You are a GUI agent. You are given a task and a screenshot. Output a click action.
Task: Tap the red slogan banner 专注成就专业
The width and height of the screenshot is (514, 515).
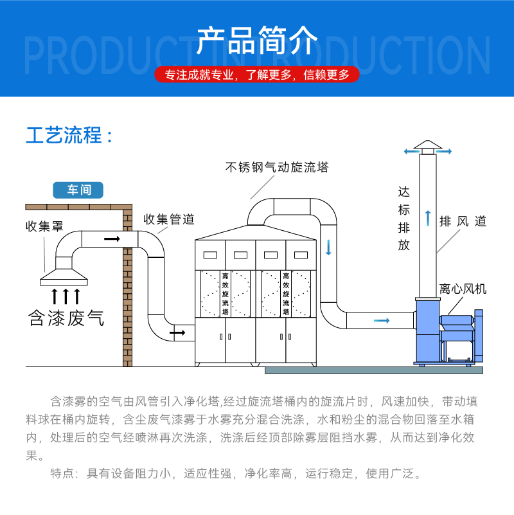point(257,75)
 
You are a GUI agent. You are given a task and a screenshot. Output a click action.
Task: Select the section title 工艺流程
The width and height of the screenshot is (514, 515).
point(69,136)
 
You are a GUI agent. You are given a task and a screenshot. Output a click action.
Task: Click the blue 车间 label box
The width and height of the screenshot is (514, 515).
point(78,190)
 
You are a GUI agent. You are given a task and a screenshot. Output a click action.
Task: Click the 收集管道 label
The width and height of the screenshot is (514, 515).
point(168,219)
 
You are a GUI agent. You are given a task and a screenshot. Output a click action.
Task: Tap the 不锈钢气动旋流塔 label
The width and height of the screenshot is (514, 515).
point(277,167)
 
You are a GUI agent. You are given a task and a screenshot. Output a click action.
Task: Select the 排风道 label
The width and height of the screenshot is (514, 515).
point(463,221)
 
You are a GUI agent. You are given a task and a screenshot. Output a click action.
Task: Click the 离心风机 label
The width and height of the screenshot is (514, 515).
point(463,289)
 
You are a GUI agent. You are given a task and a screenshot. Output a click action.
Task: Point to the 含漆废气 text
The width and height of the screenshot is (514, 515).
point(66,318)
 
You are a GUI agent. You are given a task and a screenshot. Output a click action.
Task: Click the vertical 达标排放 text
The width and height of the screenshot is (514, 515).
point(403,219)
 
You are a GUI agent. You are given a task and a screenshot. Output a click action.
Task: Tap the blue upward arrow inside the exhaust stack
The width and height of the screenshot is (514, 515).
point(427,217)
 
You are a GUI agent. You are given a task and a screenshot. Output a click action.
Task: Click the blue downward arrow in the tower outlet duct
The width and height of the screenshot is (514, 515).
point(328,247)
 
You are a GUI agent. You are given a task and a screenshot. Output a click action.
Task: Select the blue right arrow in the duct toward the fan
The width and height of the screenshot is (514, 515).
point(382,320)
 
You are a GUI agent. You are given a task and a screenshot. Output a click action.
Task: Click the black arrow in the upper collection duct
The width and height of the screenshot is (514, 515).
point(112,239)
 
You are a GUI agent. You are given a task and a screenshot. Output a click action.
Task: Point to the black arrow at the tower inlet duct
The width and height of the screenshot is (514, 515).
point(177,332)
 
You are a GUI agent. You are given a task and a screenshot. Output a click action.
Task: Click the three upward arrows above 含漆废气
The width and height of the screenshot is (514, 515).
point(66,296)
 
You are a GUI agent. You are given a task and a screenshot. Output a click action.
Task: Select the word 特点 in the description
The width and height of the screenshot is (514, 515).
point(62,474)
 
